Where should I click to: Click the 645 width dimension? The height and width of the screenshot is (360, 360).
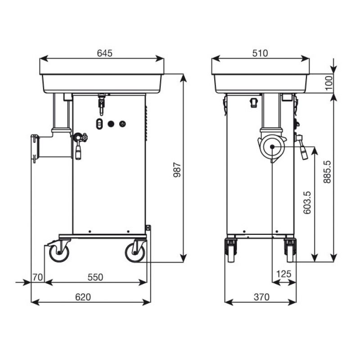tap(105, 53)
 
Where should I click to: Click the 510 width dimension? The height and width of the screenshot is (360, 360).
tap(260, 53)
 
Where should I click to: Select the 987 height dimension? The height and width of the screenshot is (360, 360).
tap(177, 170)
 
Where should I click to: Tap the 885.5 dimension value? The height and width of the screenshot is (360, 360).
tap(327, 172)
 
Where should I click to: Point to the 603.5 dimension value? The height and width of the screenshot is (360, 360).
tap(307, 202)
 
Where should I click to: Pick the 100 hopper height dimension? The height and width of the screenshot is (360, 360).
tap(329, 83)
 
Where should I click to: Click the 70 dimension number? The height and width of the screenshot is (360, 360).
tap(37, 277)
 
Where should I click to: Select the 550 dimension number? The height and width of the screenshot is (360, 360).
tap(95, 277)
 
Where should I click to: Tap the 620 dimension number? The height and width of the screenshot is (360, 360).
tap(83, 297)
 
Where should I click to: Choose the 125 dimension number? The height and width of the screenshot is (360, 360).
tap(284, 274)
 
